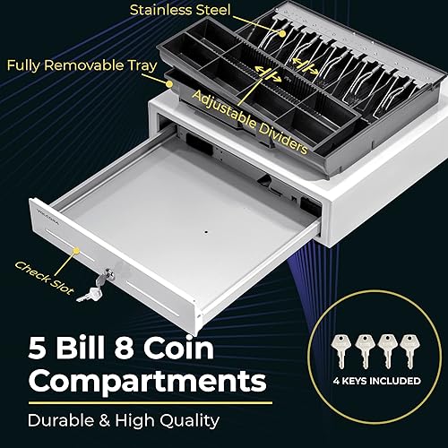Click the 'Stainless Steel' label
click(179, 12)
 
